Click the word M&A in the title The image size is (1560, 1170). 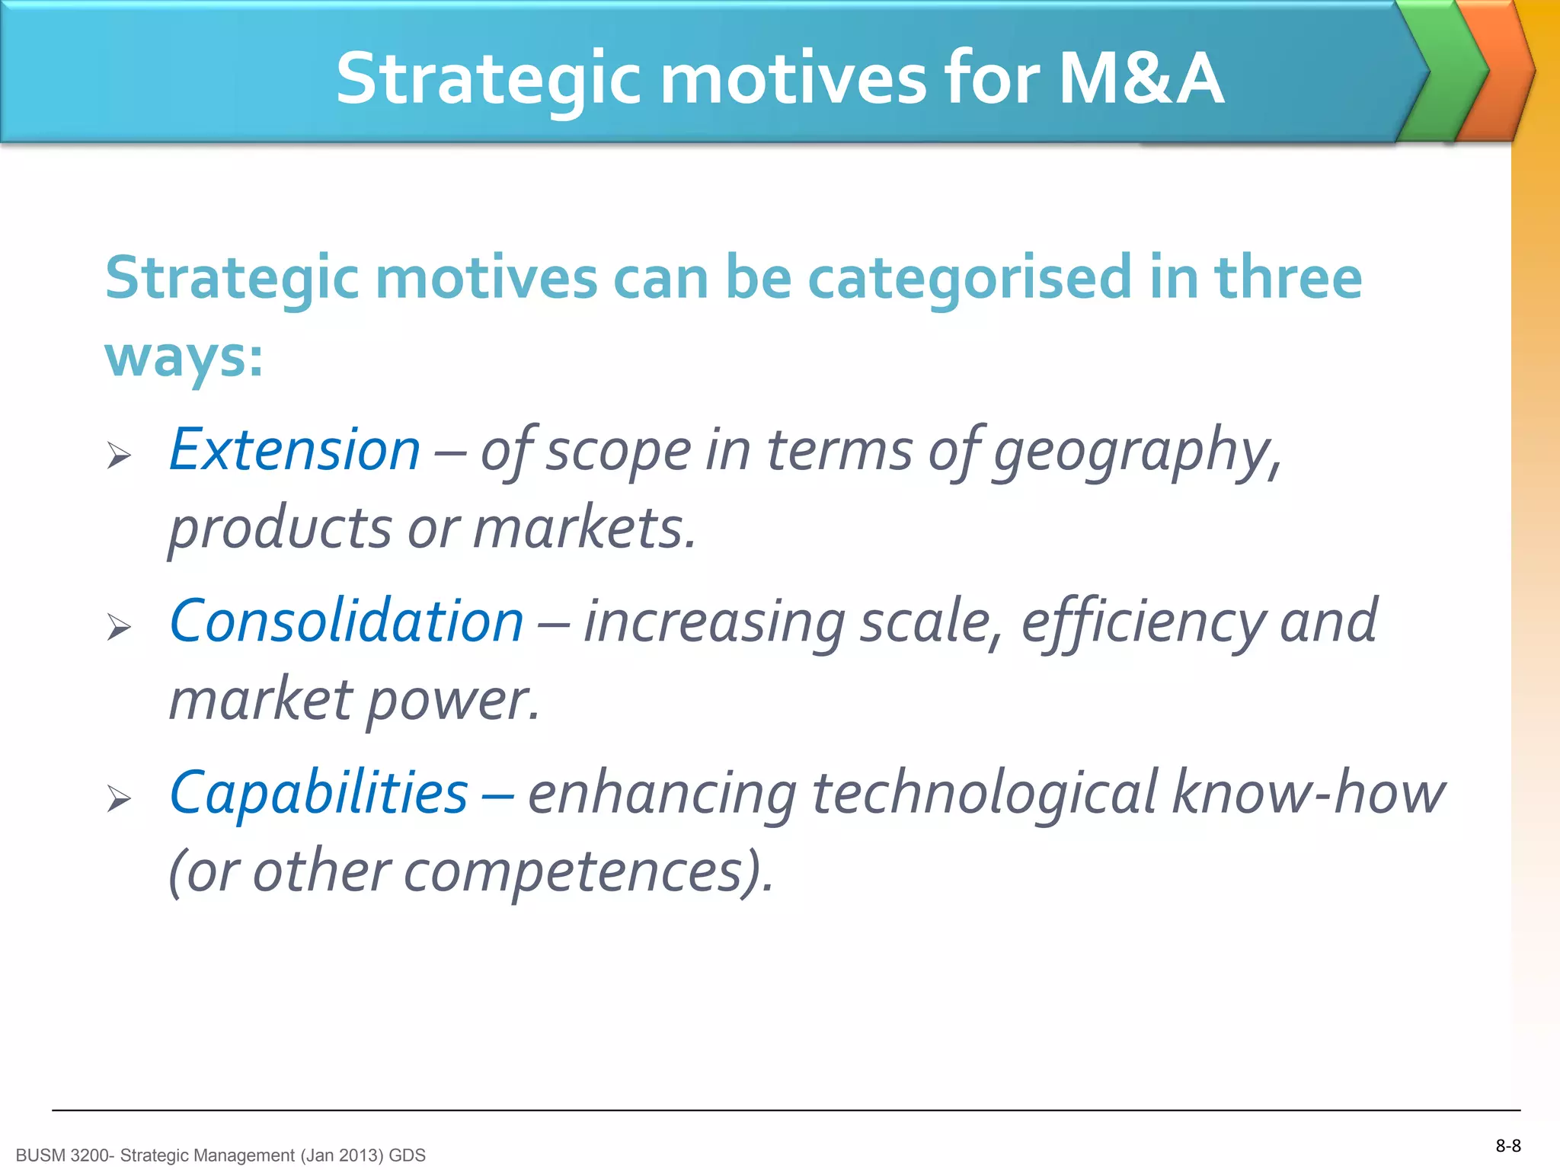click(1140, 78)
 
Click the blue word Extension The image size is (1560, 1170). click(294, 449)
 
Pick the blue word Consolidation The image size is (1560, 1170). click(347, 621)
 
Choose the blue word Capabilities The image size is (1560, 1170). click(318, 792)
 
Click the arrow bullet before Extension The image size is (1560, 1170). click(120, 456)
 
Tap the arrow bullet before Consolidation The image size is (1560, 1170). click(120, 627)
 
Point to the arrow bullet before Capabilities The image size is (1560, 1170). click(120, 798)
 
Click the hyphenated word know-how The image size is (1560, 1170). click(1307, 792)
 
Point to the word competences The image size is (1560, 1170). click(571, 872)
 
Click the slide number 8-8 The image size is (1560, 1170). click(1507, 1146)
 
